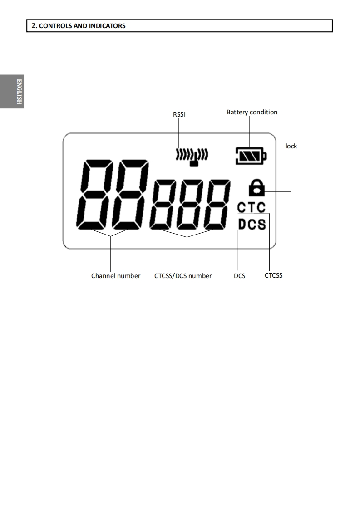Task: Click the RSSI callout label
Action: point(179,114)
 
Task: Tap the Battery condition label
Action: point(252,112)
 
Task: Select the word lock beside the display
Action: point(291,146)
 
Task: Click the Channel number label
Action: point(116,276)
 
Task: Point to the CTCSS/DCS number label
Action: point(183,276)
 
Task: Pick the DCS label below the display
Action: point(239,276)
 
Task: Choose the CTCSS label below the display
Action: point(273,275)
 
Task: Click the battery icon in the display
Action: point(251,157)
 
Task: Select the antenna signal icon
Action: point(192,156)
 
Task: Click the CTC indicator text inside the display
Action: point(252,207)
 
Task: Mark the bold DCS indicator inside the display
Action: point(252,224)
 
